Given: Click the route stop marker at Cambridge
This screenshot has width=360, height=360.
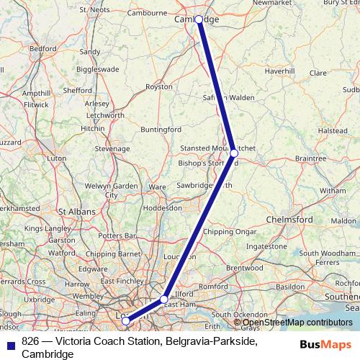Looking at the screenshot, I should pyautogui.click(x=199, y=19).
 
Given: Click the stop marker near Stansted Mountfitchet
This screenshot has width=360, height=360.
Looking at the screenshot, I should pyautogui.click(x=234, y=153).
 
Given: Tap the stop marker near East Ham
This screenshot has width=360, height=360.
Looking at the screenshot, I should pyautogui.click(x=164, y=299).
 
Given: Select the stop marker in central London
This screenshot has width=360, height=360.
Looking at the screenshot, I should pyautogui.click(x=125, y=320).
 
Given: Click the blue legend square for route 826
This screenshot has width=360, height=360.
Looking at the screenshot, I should pyautogui.click(x=10, y=342).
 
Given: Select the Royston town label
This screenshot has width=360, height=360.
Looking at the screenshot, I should pyautogui.click(x=159, y=86).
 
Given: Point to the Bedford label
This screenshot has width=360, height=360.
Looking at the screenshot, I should pyautogui.click(x=43, y=48).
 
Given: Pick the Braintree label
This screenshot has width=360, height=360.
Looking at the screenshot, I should pyautogui.click(x=311, y=158).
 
